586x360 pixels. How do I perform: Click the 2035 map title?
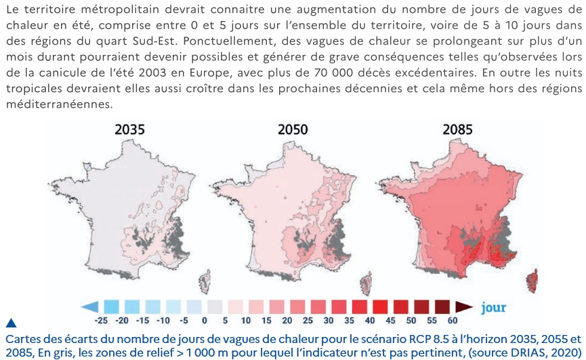pos(129,129)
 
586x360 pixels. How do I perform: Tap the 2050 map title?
pos(293,129)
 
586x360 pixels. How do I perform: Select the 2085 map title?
pos(457,129)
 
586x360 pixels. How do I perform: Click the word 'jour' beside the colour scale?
pos(494,307)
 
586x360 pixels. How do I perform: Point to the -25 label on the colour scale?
pos(100,321)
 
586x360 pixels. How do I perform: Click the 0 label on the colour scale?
pos(205,321)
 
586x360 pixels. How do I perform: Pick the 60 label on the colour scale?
pos(453,321)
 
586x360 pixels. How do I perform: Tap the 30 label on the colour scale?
pos(328,321)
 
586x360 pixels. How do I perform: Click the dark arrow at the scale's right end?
pos(464,307)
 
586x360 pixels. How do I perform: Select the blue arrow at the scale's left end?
pos(89,307)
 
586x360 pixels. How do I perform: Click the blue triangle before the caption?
pos(12,323)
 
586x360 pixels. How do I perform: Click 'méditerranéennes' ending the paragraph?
pos(59,104)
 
